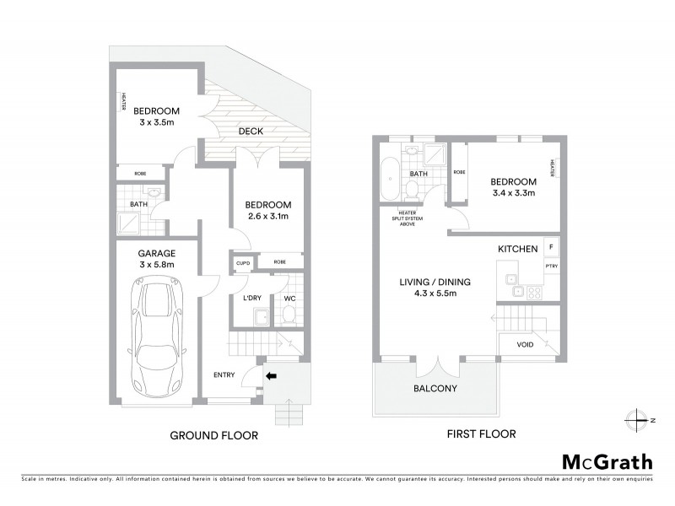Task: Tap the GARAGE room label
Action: click(x=157, y=251)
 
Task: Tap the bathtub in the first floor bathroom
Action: click(x=389, y=178)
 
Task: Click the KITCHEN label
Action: click(x=519, y=250)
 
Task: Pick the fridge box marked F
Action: click(x=551, y=247)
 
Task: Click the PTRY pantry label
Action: click(x=552, y=266)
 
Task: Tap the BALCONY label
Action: click(x=435, y=389)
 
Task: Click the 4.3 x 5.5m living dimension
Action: click(x=435, y=294)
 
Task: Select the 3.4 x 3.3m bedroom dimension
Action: click(x=514, y=194)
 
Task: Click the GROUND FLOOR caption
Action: click(x=214, y=436)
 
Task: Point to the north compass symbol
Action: click(x=640, y=419)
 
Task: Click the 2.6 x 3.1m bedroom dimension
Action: click(x=267, y=217)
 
